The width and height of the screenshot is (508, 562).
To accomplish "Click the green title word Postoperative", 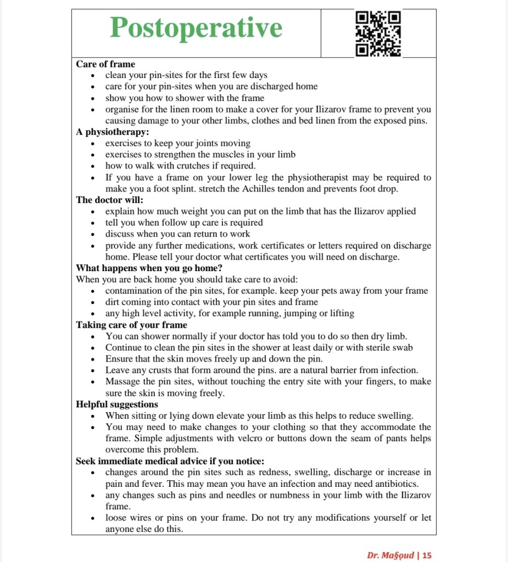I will [x=196, y=28].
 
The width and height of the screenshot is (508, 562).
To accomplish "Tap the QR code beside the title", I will [x=378, y=34].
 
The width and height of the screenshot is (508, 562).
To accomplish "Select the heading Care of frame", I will [x=105, y=64].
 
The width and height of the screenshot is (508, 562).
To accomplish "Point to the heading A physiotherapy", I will [x=113, y=132].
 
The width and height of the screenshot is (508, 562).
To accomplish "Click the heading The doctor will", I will [x=109, y=200].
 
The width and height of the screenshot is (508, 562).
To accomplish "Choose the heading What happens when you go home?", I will [x=149, y=268].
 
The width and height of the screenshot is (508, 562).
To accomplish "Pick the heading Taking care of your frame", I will [x=131, y=325].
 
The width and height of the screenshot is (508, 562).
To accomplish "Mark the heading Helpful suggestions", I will [x=117, y=404].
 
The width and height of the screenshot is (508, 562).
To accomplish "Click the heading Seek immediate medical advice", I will [x=170, y=461].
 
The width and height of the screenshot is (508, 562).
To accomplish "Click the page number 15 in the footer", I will [x=427, y=555].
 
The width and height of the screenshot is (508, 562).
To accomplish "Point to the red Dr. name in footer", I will [x=390, y=555].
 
